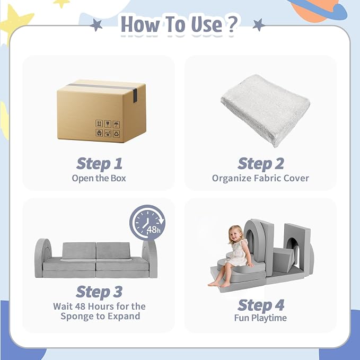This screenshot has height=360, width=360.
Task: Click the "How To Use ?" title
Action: [179, 24]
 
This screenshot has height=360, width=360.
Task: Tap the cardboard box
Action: [101, 111]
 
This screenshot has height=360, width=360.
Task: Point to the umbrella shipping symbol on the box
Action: [116, 124]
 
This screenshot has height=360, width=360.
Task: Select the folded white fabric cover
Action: [265, 110]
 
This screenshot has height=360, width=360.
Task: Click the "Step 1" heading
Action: [99, 164]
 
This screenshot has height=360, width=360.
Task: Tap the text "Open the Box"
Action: [99, 178]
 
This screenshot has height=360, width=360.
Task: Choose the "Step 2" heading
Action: [261, 164]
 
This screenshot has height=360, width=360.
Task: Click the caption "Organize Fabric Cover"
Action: [260, 178]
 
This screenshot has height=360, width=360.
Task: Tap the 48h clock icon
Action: [147, 223]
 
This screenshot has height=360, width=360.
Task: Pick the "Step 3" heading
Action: [99, 292]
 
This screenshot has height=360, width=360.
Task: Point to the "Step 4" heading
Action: [261, 305]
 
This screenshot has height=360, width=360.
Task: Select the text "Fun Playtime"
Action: [260, 318]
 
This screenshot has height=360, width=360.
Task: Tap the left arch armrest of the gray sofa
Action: [42, 258]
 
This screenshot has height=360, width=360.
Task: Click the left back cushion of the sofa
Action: [79, 251]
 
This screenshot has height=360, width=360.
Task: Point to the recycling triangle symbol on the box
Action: [116, 134]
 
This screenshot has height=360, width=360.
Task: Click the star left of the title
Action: [96, 25]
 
